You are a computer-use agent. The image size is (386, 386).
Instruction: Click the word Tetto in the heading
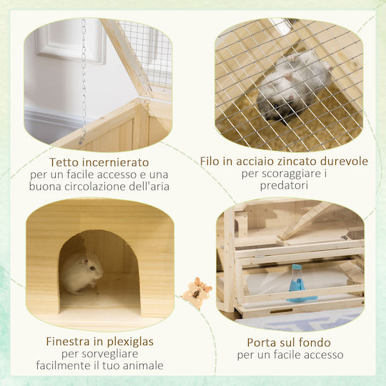[64, 162]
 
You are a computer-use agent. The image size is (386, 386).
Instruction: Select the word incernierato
[116, 162]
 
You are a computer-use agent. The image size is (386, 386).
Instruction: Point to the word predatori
[284, 185]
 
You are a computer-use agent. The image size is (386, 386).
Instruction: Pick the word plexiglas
[130, 342]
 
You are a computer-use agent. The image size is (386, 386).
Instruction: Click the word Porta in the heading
[262, 342]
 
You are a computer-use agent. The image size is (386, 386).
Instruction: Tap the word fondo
[316, 342]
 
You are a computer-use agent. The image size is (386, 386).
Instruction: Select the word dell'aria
[149, 186]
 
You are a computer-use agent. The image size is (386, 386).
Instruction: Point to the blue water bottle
[299, 283]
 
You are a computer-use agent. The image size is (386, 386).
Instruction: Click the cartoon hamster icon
[197, 292]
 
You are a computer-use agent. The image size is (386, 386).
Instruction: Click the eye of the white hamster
[92, 268]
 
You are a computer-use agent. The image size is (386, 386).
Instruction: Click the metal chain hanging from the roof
[84, 81]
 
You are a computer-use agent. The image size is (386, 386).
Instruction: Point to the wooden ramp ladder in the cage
[305, 221]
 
